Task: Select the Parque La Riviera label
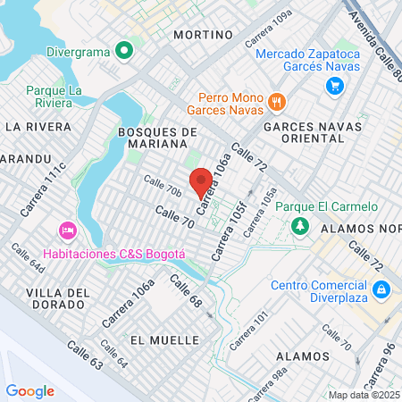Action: (x=54, y=97)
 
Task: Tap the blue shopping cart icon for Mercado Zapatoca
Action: (x=335, y=86)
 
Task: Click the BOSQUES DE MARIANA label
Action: (x=156, y=139)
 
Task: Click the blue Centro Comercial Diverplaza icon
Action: (x=381, y=289)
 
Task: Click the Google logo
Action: (x=30, y=390)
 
